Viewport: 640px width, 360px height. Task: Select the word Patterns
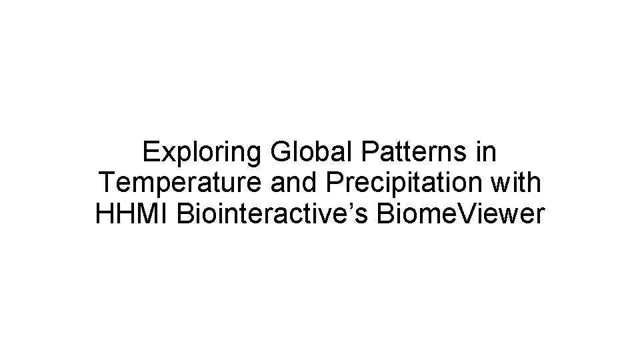tap(413, 153)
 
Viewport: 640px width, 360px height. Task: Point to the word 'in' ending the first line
tap(487, 153)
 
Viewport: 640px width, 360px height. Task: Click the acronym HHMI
tap(133, 214)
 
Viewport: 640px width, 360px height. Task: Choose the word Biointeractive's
tap(274, 214)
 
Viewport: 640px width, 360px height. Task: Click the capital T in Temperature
tap(107, 183)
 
